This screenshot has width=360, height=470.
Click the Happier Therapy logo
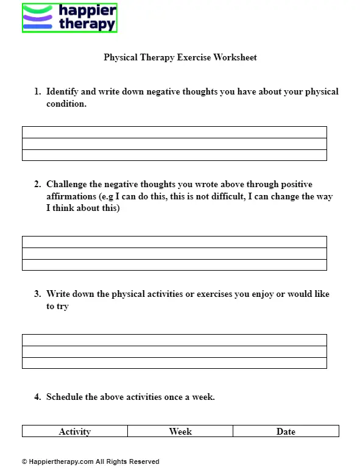pyautogui.click(x=69, y=18)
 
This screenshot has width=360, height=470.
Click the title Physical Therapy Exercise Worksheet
pyautogui.click(x=180, y=57)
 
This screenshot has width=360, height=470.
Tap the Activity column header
pyautogui.click(x=75, y=432)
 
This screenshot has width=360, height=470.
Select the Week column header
pyautogui.click(x=180, y=432)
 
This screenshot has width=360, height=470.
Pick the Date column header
pyautogui.click(x=286, y=432)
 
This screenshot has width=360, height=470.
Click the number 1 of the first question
pyautogui.click(x=37, y=91)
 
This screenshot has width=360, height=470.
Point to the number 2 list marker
pyautogui.click(x=37, y=184)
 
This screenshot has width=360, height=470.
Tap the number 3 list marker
pyautogui.click(x=37, y=294)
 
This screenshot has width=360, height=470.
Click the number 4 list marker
pyautogui.click(x=37, y=397)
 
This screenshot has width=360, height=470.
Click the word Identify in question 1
pyautogui.click(x=62, y=91)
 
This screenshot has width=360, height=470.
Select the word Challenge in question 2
pyautogui.click(x=68, y=184)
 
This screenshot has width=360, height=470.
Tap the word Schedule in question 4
pyautogui.click(x=65, y=397)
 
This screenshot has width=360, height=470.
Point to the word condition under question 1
pyautogui.click(x=66, y=104)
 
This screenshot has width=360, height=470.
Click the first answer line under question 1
pyautogui.click(x=174, y=132)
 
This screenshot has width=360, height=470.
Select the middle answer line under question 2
pyautogui.click(x=174, y=254)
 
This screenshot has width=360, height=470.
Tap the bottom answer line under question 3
pyautogui.click(x=174, y=363)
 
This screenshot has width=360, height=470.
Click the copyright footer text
pyautogui.click(x=90, y=461)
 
